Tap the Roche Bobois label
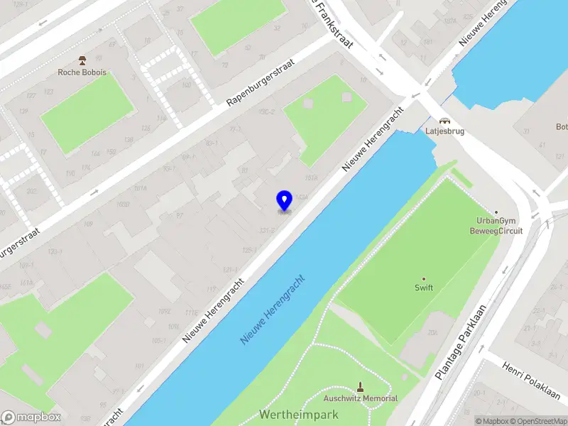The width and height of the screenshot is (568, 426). (x=82, y=72)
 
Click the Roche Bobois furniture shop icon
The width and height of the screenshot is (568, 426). (x=82, y=60)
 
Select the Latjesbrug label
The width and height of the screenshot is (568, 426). (x=444, y=131)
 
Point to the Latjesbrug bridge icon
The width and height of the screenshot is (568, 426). (x=444, y=120)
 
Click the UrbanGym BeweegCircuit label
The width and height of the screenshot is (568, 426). (x=496, y=226)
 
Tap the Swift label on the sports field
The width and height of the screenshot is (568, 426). (x=424, y=288)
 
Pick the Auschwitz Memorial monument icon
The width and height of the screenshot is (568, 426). (x=361, y=387)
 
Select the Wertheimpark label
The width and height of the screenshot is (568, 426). (x=298, y=414)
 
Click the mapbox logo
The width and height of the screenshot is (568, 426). (x=31, y=417)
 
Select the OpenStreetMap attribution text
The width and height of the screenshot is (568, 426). (x=537, y=421)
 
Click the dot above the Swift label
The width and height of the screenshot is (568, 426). (x=424, y=278)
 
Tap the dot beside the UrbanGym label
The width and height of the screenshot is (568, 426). (x=496, y=212)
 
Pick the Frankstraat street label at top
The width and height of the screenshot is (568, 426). (x=338, y=21)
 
